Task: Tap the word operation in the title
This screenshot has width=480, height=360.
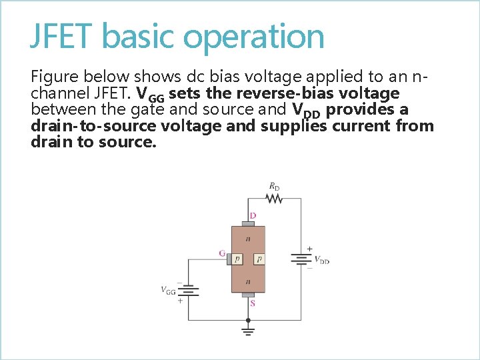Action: click(x=253, y=37)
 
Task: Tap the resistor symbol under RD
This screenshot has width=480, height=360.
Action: click(x=273, y=198)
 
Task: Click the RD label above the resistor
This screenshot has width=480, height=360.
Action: click(x=274, y=186)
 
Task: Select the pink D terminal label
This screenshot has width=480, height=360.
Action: click(x=253, y=215)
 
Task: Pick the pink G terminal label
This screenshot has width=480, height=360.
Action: click(x=221, y=253)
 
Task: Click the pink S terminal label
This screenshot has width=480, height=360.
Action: click(x=252, y=303)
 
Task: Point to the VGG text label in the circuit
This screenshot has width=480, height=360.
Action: click(x=168, y=290)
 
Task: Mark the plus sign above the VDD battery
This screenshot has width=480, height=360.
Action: click(x=309, y=249)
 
